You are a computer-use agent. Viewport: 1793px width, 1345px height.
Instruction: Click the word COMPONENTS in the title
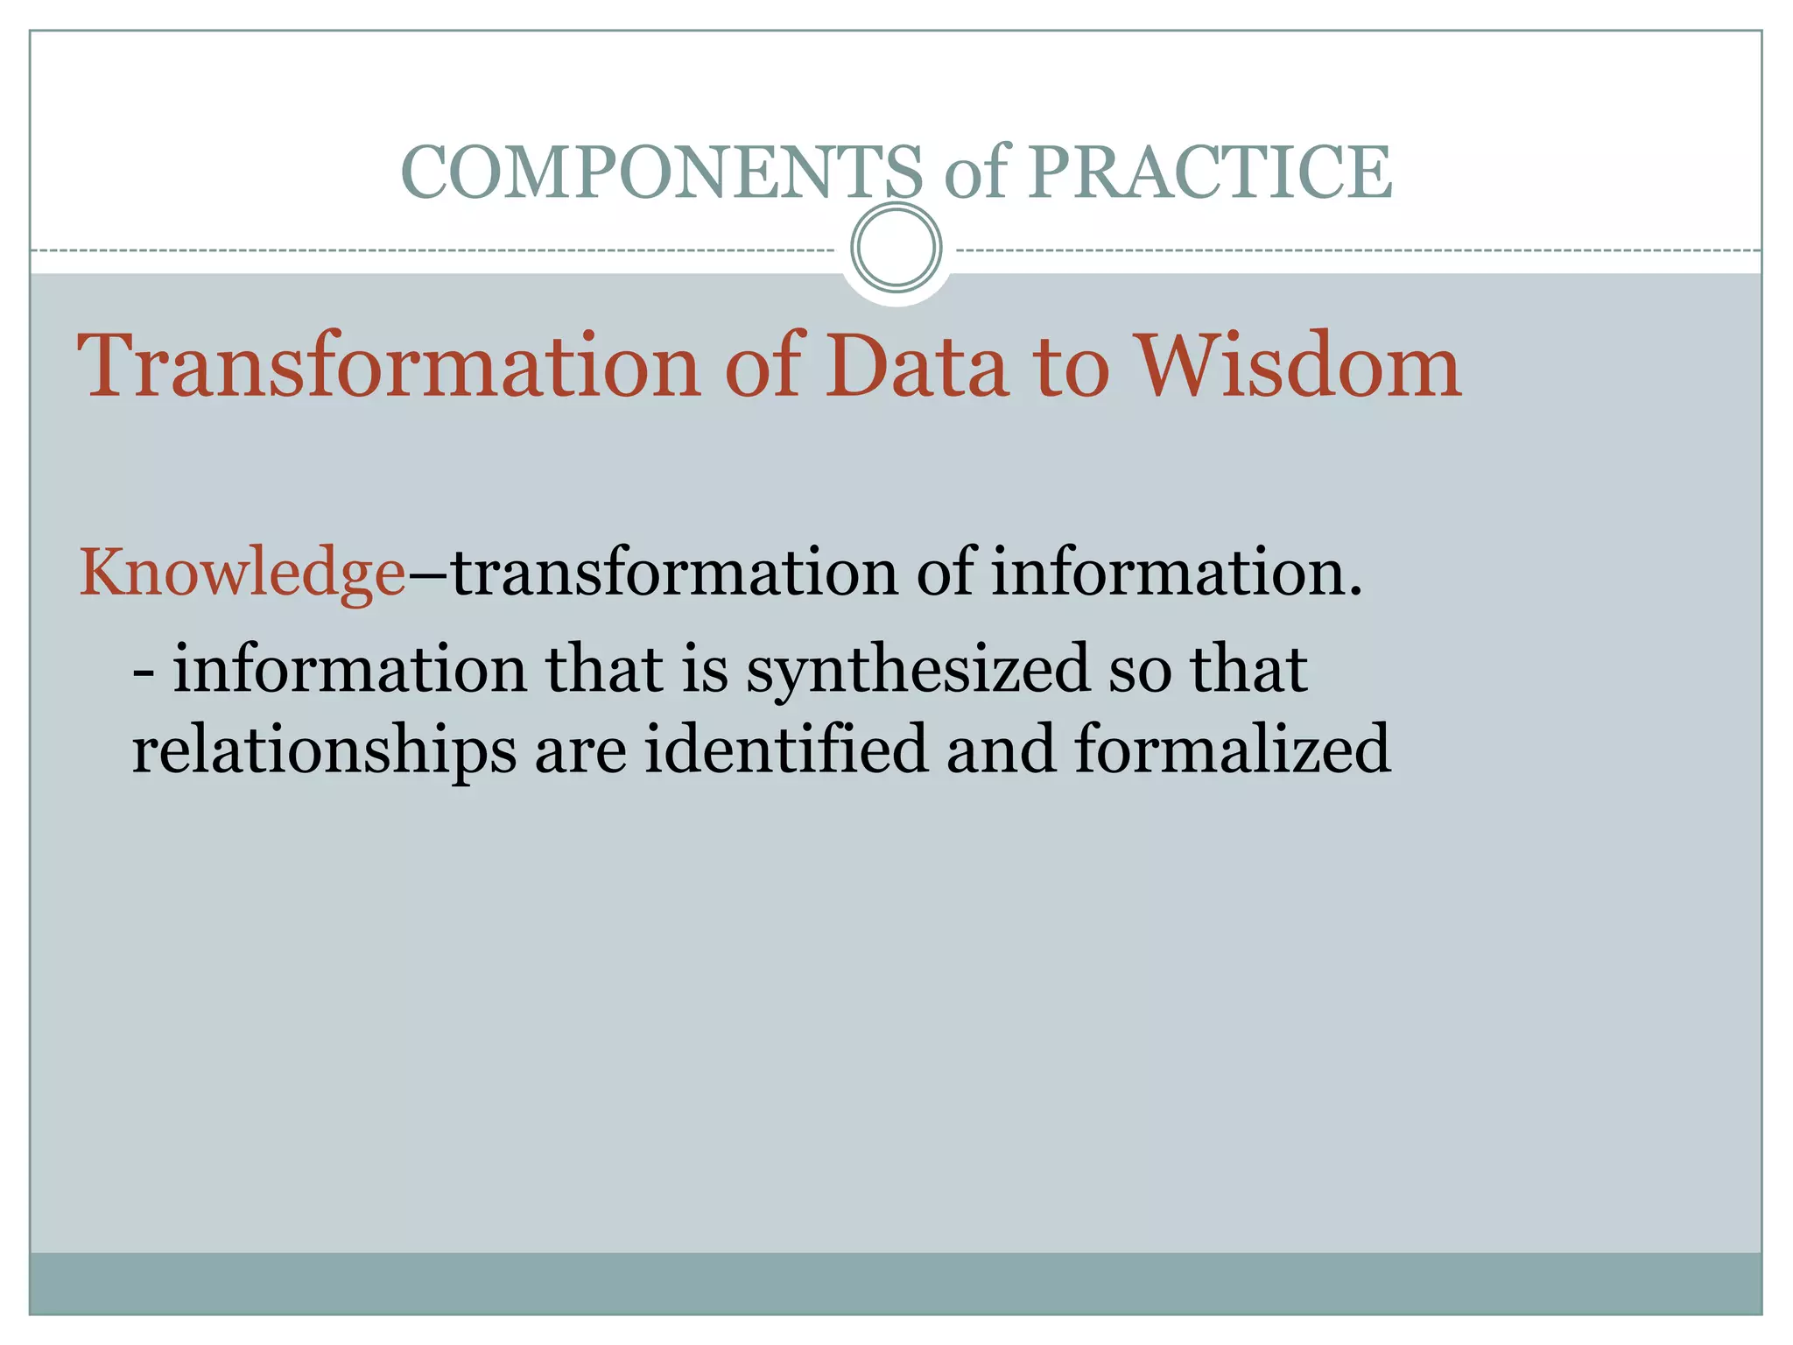661,173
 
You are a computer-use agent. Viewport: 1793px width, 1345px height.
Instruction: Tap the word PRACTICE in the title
1209,173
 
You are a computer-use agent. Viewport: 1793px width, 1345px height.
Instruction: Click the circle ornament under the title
896,247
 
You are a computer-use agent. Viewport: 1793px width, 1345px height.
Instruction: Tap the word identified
786,750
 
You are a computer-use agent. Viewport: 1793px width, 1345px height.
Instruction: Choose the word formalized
1232,750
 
